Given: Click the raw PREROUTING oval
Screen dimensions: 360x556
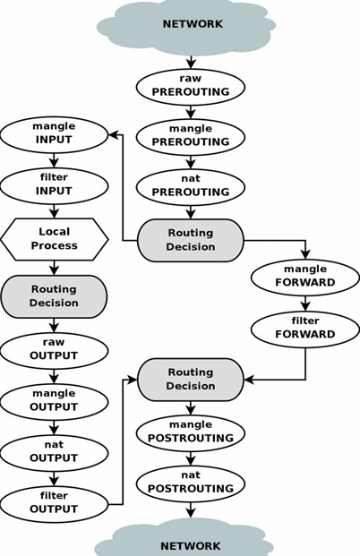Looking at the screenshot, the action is [191, 87].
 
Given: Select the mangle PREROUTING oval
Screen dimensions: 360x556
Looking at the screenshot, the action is [191, 136].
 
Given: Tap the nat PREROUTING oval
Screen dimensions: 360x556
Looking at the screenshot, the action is [191, 187].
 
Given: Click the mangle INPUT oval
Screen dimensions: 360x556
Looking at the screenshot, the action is [54, 135].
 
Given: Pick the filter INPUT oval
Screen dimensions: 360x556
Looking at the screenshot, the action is [54, 186].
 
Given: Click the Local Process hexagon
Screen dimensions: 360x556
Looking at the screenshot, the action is [54, 239].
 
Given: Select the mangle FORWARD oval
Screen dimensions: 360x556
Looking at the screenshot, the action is [305, 278].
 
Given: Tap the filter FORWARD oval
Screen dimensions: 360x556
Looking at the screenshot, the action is [305, 329].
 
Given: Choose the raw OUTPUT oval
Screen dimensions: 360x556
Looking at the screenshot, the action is [54, 351].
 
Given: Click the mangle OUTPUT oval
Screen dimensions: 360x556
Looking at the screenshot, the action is [54, 402].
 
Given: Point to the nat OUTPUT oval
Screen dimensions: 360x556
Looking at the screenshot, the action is [54, 453].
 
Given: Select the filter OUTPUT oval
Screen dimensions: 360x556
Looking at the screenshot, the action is [54, 504].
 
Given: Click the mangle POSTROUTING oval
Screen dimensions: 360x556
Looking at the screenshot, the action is [191, 433].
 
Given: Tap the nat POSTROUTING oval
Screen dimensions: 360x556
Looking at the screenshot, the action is [191, 483].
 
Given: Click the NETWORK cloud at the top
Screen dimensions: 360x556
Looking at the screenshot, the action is [186, 26].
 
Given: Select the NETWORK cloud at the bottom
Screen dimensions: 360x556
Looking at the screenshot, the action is [184, 540].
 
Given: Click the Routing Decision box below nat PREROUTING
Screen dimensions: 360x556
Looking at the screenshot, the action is [191, 240].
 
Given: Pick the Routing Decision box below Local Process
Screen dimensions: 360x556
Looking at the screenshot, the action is [54, 296].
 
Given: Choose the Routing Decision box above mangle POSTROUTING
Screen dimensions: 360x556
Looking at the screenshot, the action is [191, 380].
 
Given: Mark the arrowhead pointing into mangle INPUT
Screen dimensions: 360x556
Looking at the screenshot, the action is [113, 134].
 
